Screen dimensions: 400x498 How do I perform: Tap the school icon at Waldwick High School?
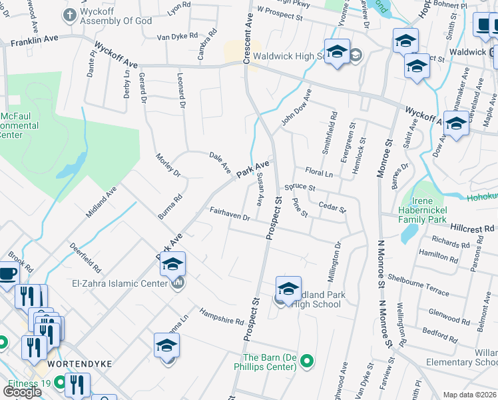[337, 51]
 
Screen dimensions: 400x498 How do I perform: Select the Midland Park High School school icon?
[288, 289]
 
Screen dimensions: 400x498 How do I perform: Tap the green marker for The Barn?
[306, 362]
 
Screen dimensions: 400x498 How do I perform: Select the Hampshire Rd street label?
[222, 317]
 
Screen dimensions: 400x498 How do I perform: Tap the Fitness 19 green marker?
[59, 383]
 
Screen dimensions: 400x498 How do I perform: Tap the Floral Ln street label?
[318, 173]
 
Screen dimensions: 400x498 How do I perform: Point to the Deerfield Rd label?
[85, 257]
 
